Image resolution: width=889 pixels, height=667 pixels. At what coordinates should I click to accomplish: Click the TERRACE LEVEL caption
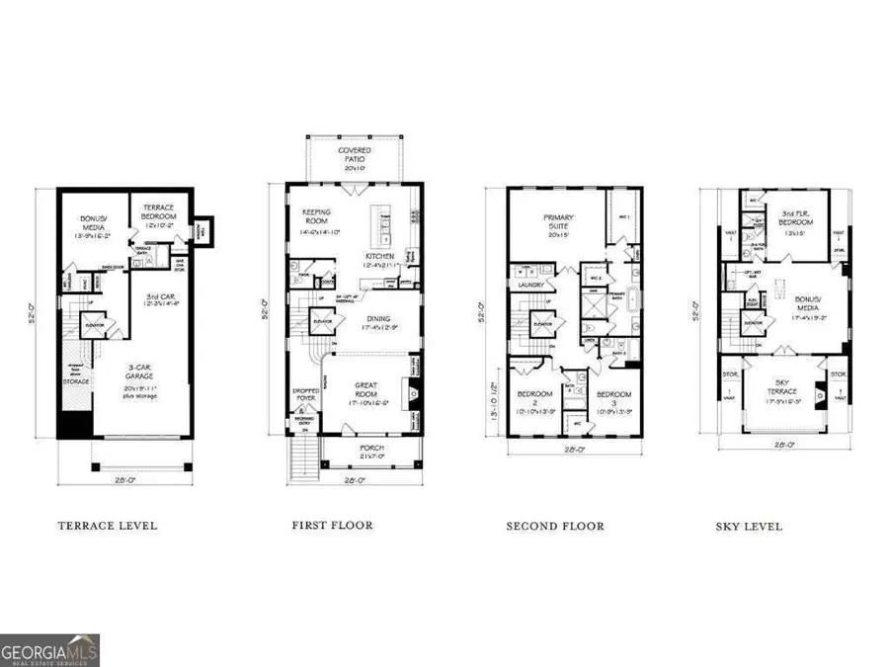(108, 526)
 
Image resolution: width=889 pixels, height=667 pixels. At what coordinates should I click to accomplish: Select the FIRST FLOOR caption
(332, 525)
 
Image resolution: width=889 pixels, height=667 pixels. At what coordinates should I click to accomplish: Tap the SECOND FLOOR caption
(555, 526)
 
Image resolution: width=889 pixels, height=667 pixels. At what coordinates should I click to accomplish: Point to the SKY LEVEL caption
(749, 526)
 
